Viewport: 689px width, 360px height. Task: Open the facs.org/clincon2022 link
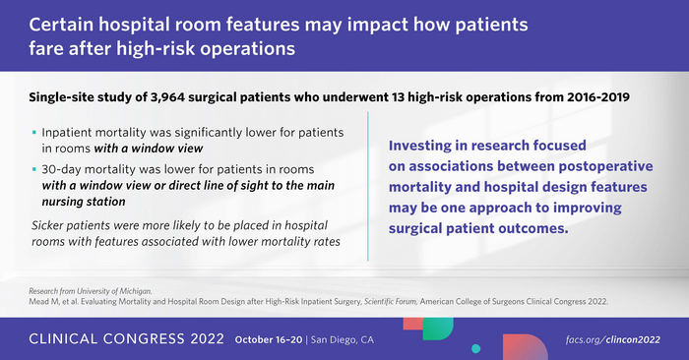point(626,340)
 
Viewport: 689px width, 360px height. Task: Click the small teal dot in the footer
point(476,348)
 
